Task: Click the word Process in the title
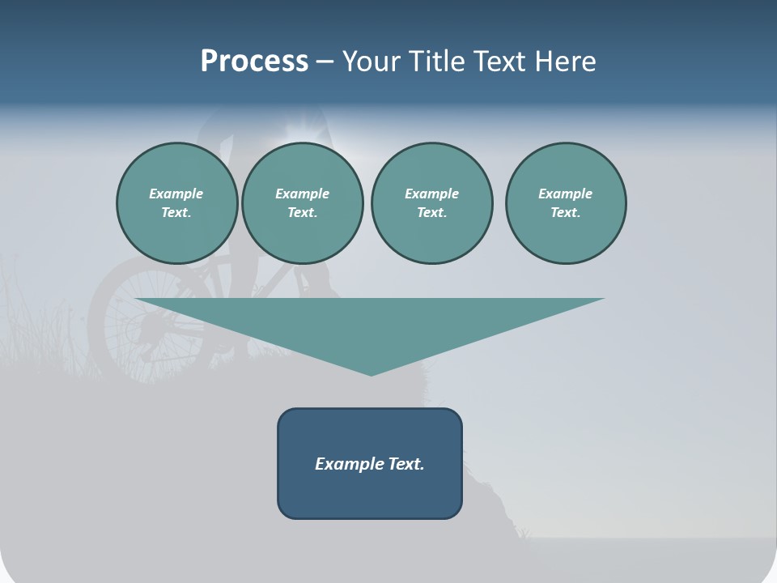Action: [254, 62]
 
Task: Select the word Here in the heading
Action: [564, 62]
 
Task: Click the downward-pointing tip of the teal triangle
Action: [371, 373]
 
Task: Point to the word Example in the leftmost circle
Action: [176, 194]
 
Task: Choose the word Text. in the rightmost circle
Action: [565, 213]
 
